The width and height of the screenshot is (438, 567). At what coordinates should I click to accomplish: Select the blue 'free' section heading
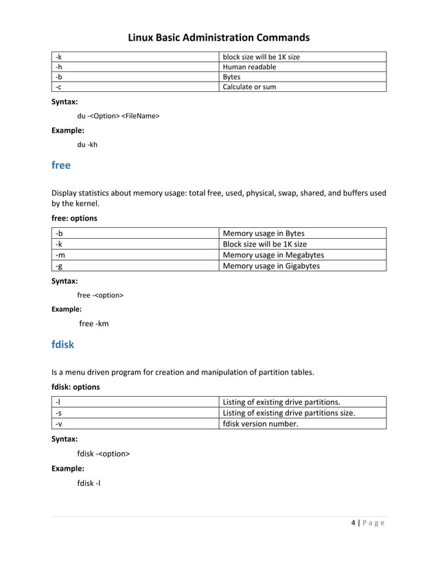coord(61,165)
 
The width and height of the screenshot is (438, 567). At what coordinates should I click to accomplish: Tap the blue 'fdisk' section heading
coord(62,345)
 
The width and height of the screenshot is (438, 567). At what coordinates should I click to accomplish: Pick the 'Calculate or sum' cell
coord(250,86)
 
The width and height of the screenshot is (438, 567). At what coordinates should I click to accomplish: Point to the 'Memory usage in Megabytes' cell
coord(274,255)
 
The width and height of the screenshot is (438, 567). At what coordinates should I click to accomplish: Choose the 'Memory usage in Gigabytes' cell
coord(271,266)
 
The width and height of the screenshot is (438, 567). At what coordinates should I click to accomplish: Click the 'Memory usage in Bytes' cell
coord(264,233)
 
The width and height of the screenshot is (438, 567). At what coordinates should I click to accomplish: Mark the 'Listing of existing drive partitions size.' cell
coord(289,413)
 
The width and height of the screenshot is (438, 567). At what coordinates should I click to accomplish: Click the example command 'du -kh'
coord(87,144)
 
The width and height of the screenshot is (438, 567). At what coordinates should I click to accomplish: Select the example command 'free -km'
coord(94,323)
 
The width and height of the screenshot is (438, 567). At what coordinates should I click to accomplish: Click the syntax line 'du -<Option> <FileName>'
coord(118,116)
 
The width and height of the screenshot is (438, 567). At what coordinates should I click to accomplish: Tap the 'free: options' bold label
coord(74,218)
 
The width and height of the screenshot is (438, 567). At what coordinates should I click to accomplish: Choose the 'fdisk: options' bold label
coord(76,386)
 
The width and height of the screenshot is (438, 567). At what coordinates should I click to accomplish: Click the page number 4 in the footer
coord(353,524)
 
